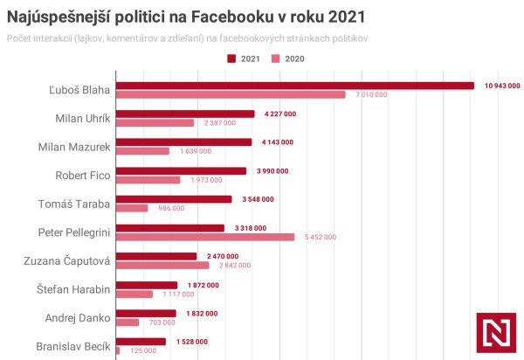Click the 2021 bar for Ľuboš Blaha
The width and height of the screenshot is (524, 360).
click(294, 86)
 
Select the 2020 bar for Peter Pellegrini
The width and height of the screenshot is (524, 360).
click(205, 236)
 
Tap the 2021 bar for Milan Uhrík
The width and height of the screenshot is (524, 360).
click(185, 114)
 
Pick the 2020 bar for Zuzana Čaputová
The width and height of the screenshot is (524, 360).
click(162, 265)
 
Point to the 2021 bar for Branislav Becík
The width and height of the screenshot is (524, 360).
click(141, 341)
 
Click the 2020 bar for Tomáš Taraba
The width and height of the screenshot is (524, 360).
click(132, 208)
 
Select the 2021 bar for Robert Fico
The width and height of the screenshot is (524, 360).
click(182, 170)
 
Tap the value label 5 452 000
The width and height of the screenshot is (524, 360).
click(319, 237)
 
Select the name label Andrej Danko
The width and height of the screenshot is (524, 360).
click(78, 318)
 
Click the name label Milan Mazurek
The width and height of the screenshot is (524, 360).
click(74, 147)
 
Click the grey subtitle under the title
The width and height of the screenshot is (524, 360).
click(187, 38)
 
